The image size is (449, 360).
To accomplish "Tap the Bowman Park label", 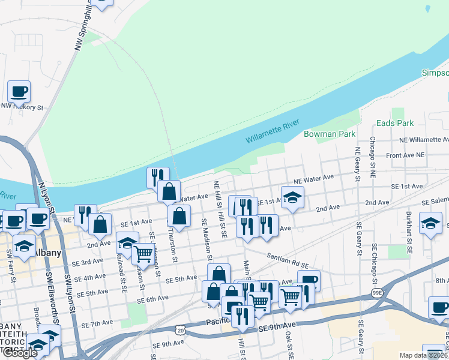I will [x=330, y=134].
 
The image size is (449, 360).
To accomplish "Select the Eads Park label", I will [x=395, y=123].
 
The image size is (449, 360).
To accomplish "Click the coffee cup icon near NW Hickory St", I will [x=19, y=92].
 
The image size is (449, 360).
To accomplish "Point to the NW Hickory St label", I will [x=22, y=107].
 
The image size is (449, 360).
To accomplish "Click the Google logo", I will [x=19, y=353].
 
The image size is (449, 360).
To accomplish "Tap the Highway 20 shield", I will [x=181, y=329].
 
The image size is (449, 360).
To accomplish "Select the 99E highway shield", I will [x=376, y=293].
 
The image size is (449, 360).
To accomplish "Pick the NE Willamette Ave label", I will [x=424, y=139].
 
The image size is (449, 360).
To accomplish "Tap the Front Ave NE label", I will [x=405, y=155].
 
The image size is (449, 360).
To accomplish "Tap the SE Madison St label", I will [x=204, y=236].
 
